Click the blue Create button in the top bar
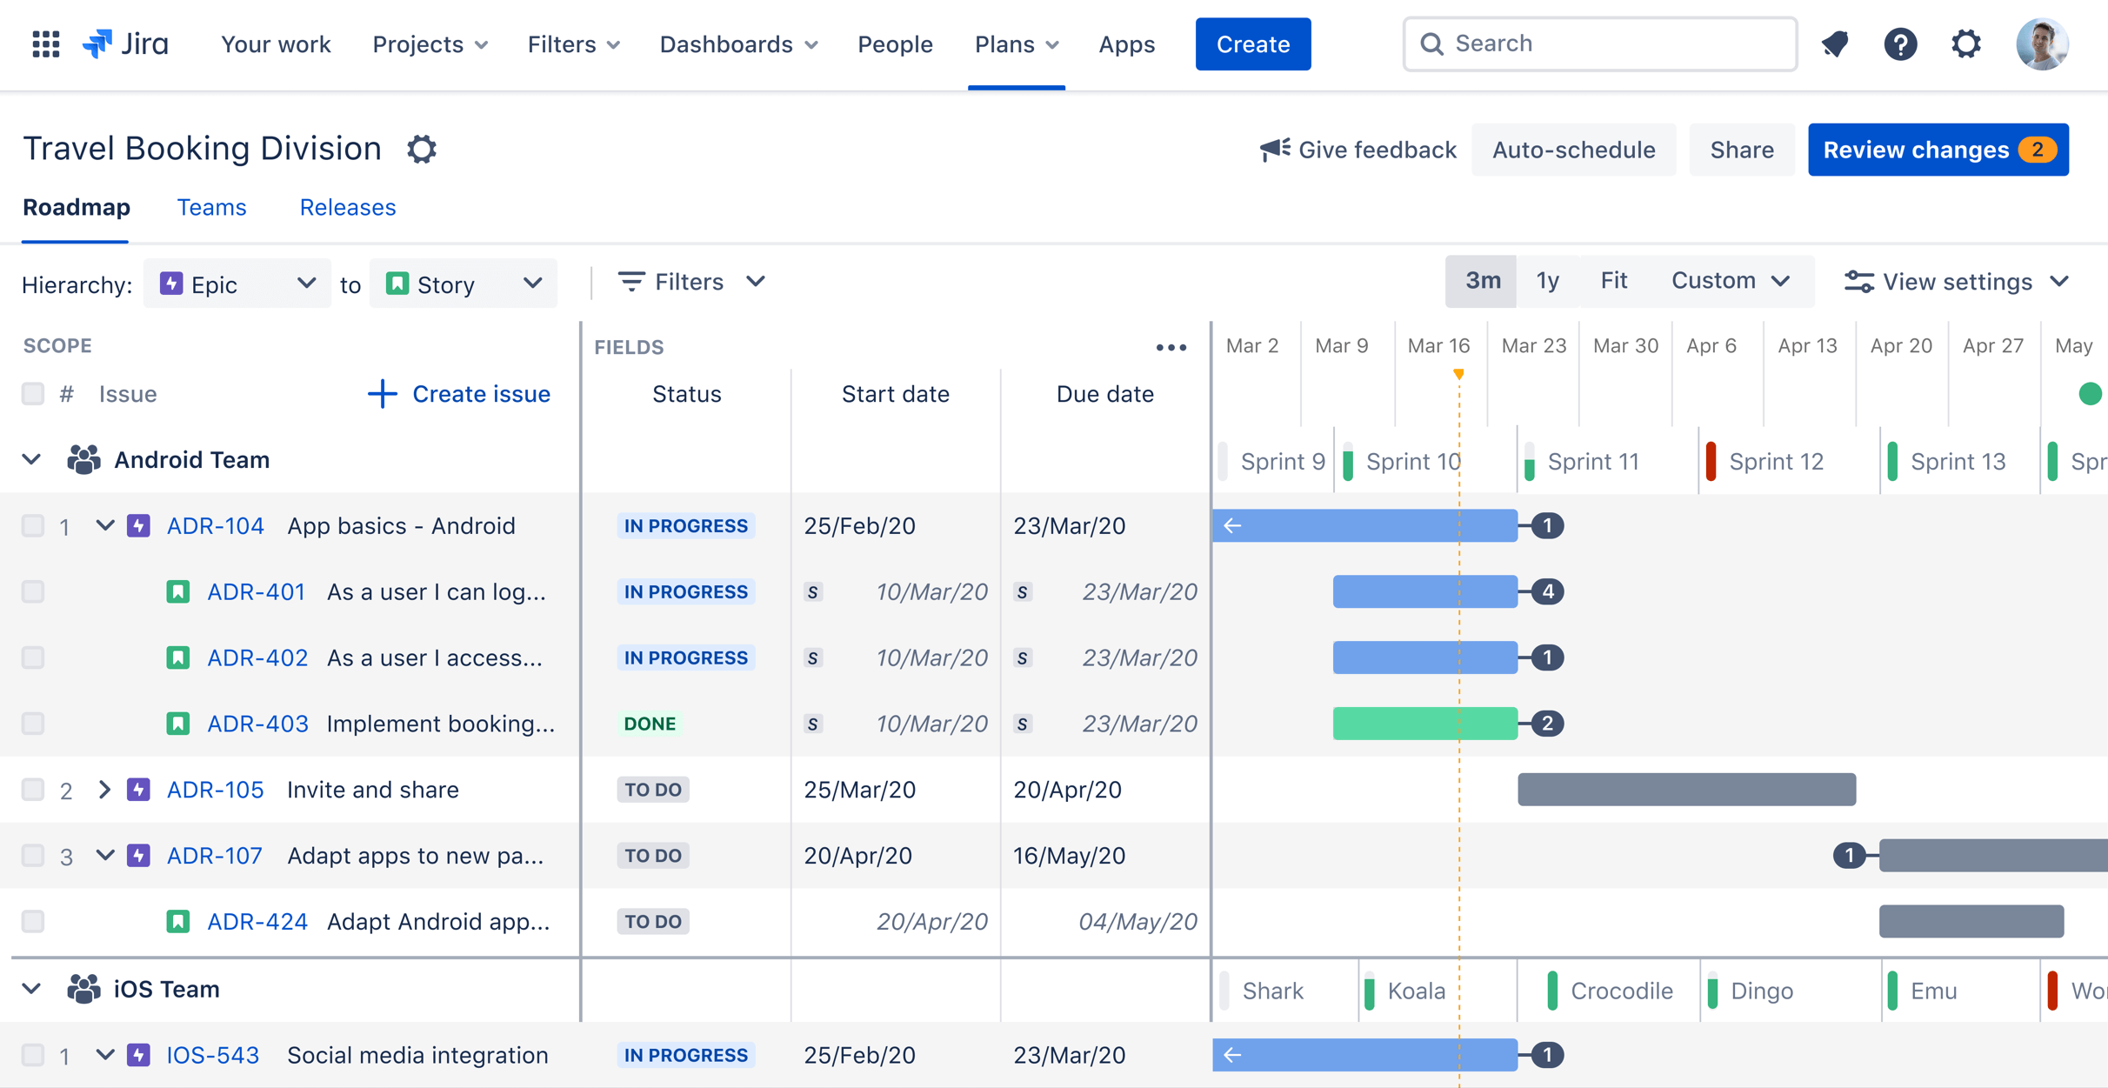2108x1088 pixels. pyautogui.click(x=1252, y=44)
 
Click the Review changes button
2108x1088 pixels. pyautogui.click(x=1938, y=150)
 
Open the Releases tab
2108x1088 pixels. pyautogui.click(x=347, y=208)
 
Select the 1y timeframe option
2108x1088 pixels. pyautogui.click(x=1547, y=281)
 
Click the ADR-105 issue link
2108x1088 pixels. pyautogui.click(x=215, y=790)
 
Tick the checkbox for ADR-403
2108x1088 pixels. pyautogui.click(x=33, y=724)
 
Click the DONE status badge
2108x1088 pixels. pyautogui.click(x=650, y=724)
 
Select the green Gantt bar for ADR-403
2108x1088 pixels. pyautogui.click(x=1424, y=724)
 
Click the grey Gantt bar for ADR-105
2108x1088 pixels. pyautogui.click(x=1686, y=790)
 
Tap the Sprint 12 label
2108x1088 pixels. pyautogui.click(x=1776, y=462)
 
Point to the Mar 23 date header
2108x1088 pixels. pyautogui.click(x=1533, y=346)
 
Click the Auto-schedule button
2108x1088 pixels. pyautogui.click(x=1573, y=150)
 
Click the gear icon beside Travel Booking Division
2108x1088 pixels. pyautogui.click(x=422, y=150)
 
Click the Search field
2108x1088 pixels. pyautogui.click(x=1600, y=43)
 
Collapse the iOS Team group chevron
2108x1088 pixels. pyautogui.click(x=31, y=989)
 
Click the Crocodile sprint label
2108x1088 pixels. pyautogui.click(x=1621, y=991)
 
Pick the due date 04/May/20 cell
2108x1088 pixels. pyautogui.click(x=1137, y=922)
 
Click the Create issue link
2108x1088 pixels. pyautogui.click(x=459, y=394)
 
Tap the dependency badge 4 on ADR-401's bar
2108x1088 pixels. pyautogui.click(x=1547, y=592)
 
